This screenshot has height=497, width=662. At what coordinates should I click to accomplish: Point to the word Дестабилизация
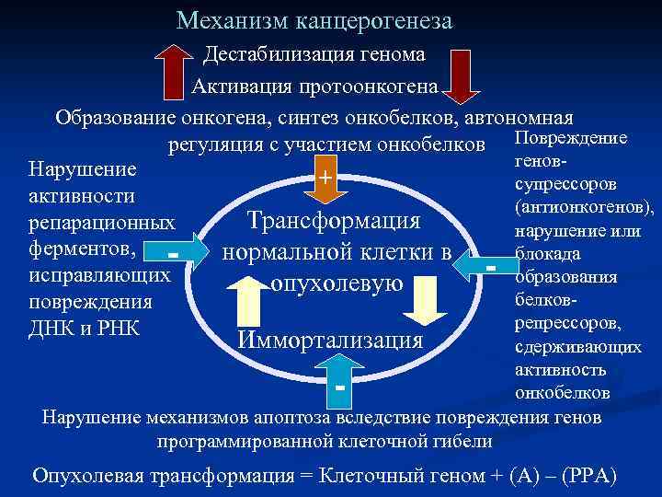[x=268, y=54]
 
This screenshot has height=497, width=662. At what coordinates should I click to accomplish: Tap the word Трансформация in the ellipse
[x=333, y=223]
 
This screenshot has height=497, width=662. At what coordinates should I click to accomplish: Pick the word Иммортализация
[x=331, y=340]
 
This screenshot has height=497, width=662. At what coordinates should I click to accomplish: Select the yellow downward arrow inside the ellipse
[x=422, y=302]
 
